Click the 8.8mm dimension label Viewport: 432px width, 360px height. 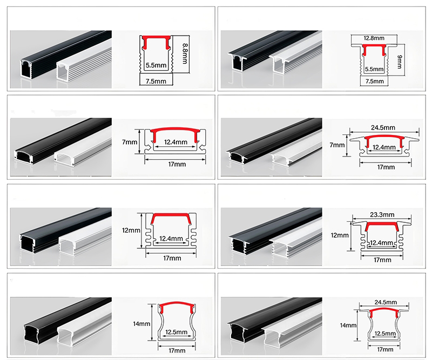tap(185, 53)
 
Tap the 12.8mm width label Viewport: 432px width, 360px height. tap(374, 38)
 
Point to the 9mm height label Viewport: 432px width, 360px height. tap(399, 62)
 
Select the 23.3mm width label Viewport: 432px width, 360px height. tap(382, 215)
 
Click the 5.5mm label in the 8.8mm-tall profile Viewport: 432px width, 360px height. tap(156, 65)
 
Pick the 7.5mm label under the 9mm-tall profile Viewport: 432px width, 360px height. tap(374, 81)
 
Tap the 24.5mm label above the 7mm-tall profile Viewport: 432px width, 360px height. tap(383, 127)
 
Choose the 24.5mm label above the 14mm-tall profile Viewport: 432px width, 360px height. tap(386, 302)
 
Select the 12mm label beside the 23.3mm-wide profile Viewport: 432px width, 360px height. tap(340, 235)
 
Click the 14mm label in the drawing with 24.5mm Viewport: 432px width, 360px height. tap(348, 325)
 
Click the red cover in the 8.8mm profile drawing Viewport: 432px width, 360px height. tap(156, 42)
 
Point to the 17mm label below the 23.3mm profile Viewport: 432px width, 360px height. tap(382, 260)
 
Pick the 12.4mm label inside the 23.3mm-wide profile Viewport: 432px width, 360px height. tap(381, 243)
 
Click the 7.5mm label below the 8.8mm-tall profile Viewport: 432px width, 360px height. tap(156, 81)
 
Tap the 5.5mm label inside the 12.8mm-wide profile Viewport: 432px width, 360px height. tap(374, 69)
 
